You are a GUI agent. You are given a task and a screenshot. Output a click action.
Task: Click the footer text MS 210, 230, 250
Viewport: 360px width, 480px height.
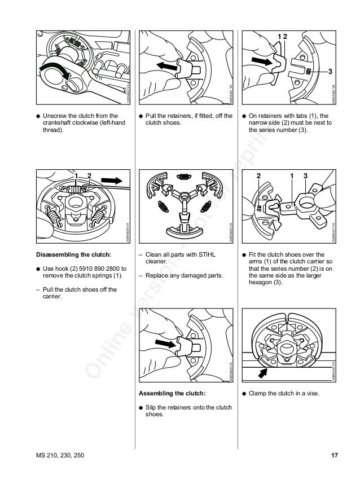point(59,455)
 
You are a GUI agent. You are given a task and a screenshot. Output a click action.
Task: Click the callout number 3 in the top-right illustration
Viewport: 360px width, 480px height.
point(330,71)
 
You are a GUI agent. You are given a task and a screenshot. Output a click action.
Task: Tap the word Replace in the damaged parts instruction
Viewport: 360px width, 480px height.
point(157,275)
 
